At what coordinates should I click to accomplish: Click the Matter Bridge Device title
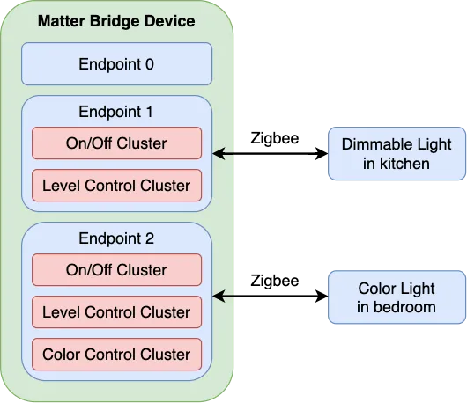tap(116, 21)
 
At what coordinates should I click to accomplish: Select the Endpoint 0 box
tap(116, 64)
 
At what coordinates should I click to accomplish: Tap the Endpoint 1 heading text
tap(115, 112)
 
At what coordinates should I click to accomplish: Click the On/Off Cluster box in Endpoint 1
tap(116, 143)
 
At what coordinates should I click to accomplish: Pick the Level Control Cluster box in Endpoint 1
tap(116, 186)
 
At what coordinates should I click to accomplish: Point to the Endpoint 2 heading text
tap(116, 238)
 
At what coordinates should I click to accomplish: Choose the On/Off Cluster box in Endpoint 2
tap(116, 270)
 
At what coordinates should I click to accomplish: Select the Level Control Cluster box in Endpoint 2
tap(116, 312)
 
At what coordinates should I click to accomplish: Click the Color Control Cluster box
tap(116, 355)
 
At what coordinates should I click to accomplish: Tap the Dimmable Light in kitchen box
tap(397, 154)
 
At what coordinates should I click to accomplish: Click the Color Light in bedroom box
tap(397, 297)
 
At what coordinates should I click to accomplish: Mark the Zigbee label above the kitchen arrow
tap(275, 139)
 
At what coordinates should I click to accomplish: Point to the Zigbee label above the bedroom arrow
tap(275, 281)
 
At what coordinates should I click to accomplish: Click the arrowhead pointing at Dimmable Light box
tap(322, 154)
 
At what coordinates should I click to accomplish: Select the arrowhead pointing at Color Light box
tap(322, 297)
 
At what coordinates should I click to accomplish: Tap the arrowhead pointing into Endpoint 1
tap(219, 154)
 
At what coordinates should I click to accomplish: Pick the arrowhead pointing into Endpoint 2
tap(219, 297)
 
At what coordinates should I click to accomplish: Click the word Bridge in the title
tap(115, 22)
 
